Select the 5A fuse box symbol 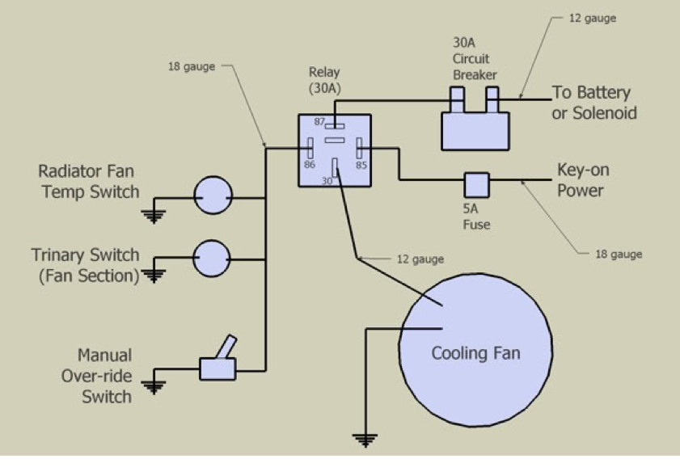click(x=476, y=184)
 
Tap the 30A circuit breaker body click(x=476, y=129)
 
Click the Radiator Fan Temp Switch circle click(x=213, y=197)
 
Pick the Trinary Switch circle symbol click(x=213, y=259)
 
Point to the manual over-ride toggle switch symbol click(x=218, y=364)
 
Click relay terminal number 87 click(x=335, y=126)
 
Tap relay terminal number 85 click(x=359, y=150)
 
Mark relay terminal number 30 click(x=335, y=167)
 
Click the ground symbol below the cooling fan click(x=365, y=440)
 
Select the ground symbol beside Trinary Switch click(x=152, y=276)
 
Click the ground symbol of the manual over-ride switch click(x=152, y=385)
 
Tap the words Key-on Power click(x=582, y=181)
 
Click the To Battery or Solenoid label click(x=593, y=102)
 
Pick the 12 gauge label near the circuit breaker click(x=593, y=18)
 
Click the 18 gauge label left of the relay click(x=192, y=66)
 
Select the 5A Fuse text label click(x=476, y=217)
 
